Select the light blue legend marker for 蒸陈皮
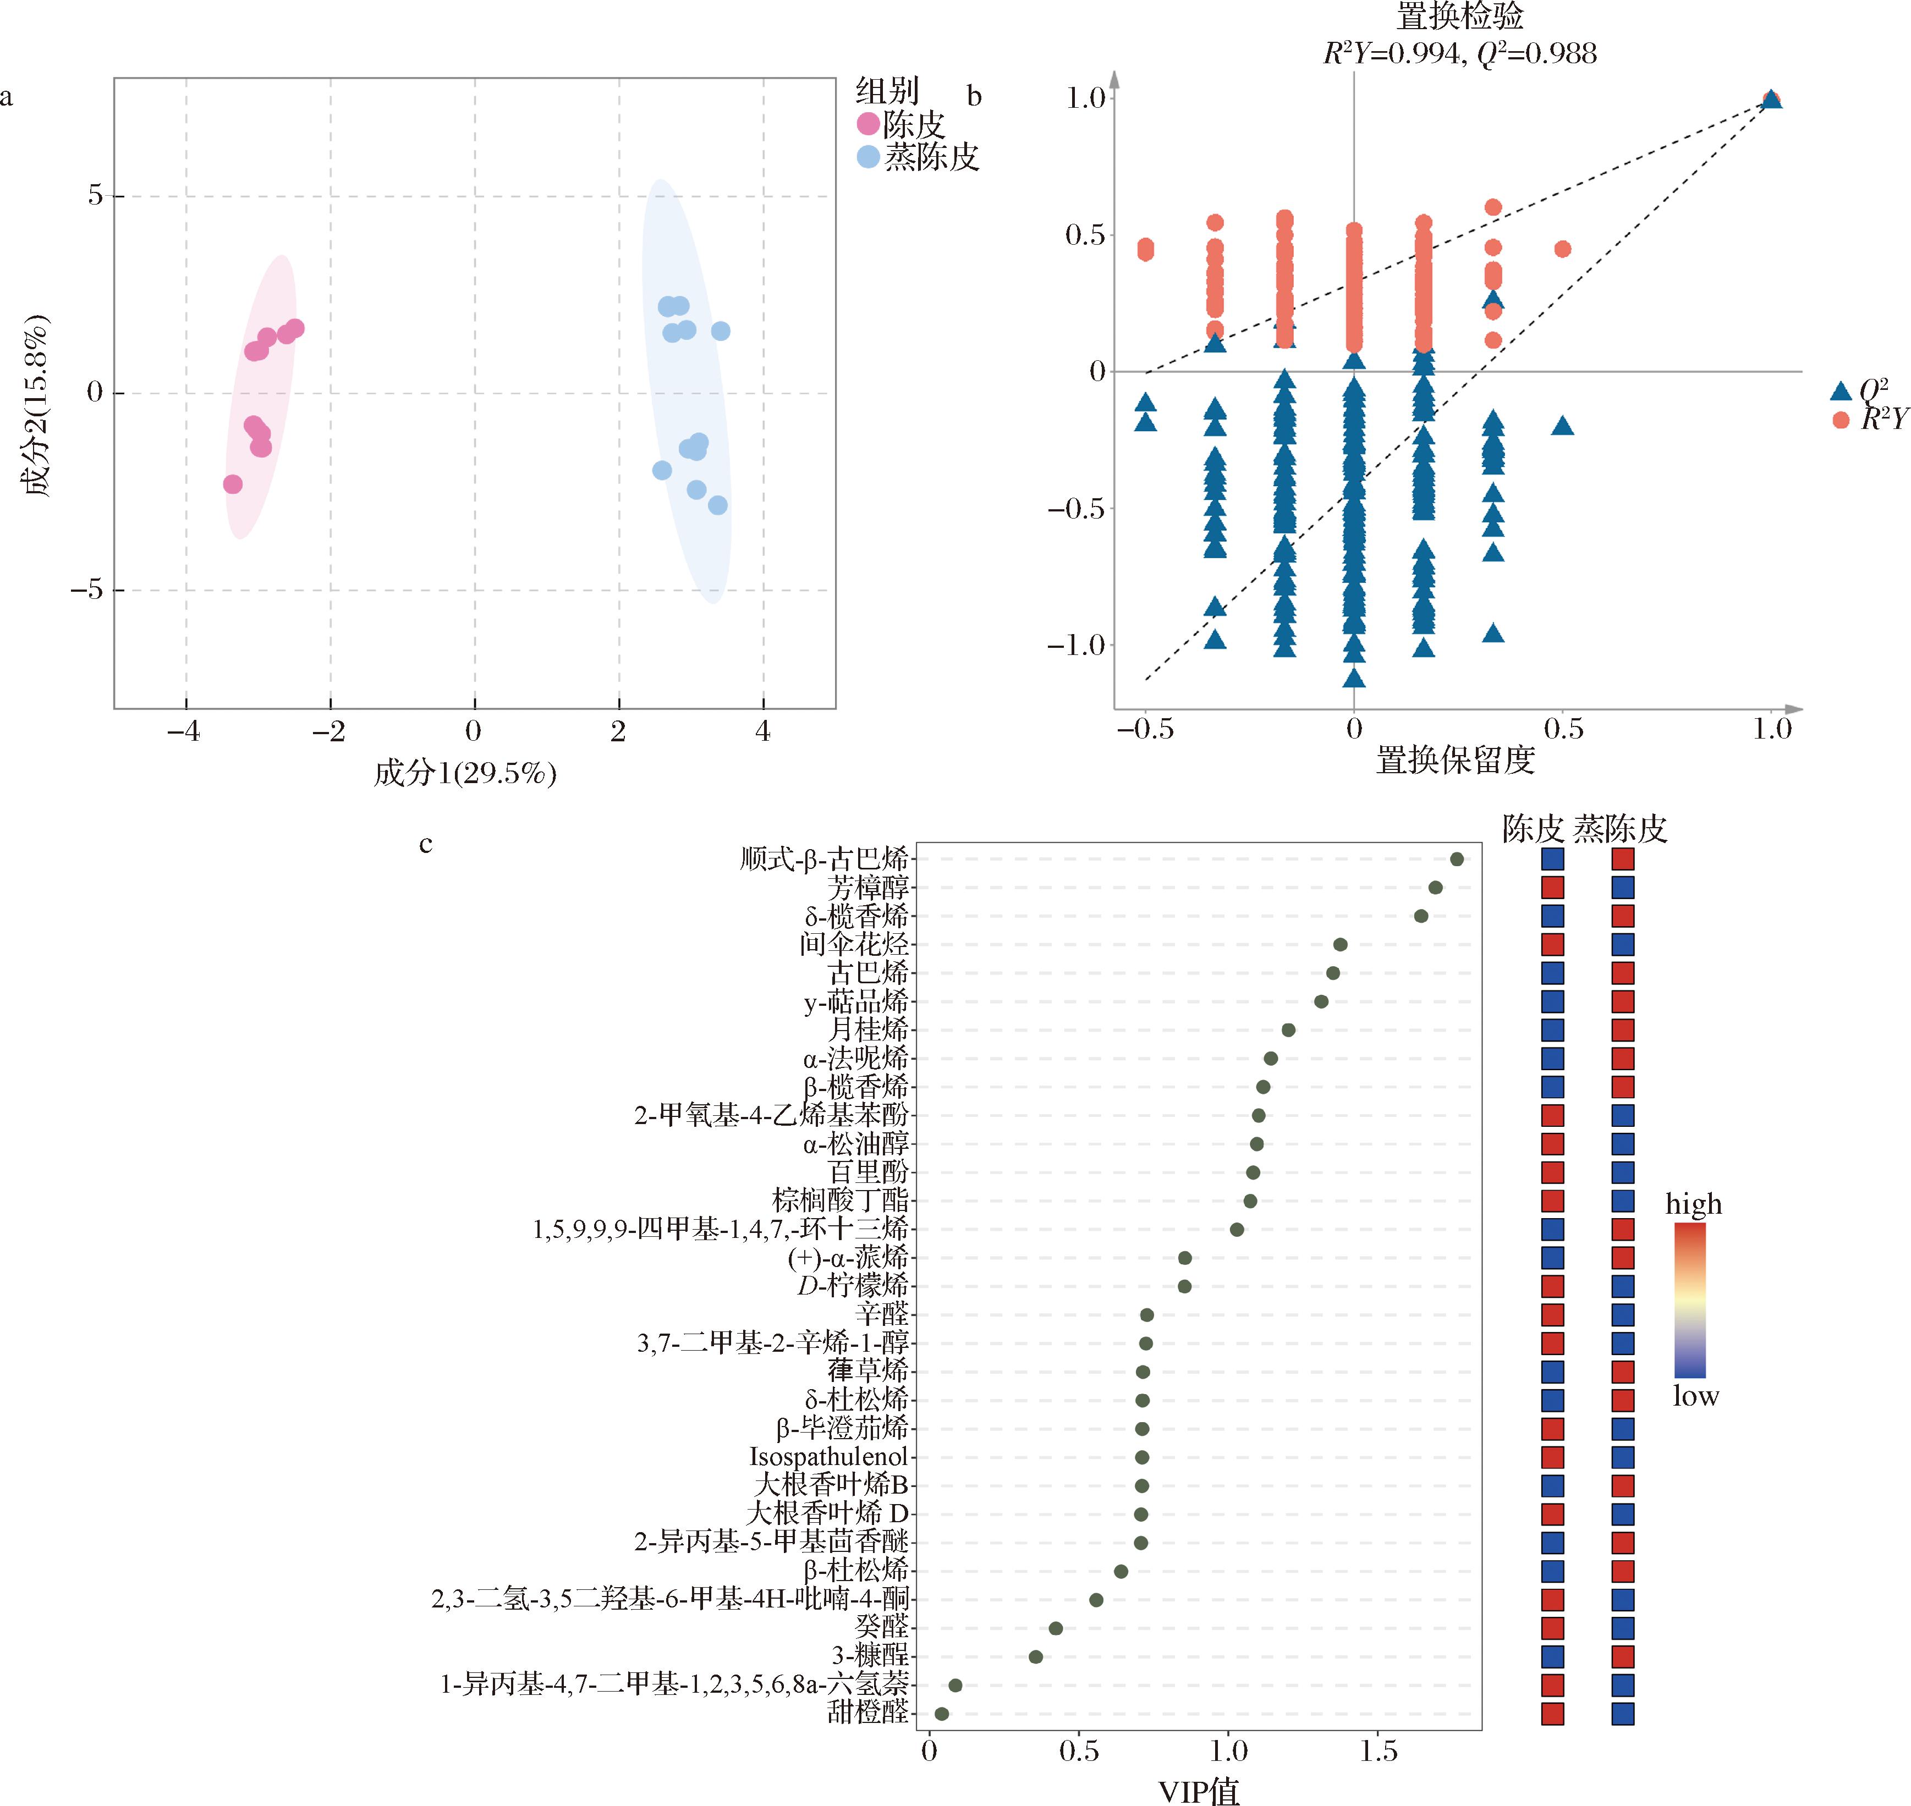pyautogui.click(x=869, y=157)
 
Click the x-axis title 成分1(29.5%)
pyautogui.click(x=465, y=773)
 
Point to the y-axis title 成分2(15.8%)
pyautogui.click(x=37, y=404)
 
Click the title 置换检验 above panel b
pyautogui.click(x=1459, y=16)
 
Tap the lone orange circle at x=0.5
pyautogui.click(x=1562, y=249)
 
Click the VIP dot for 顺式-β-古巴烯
pyautogui.click(x=1457, y=858)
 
